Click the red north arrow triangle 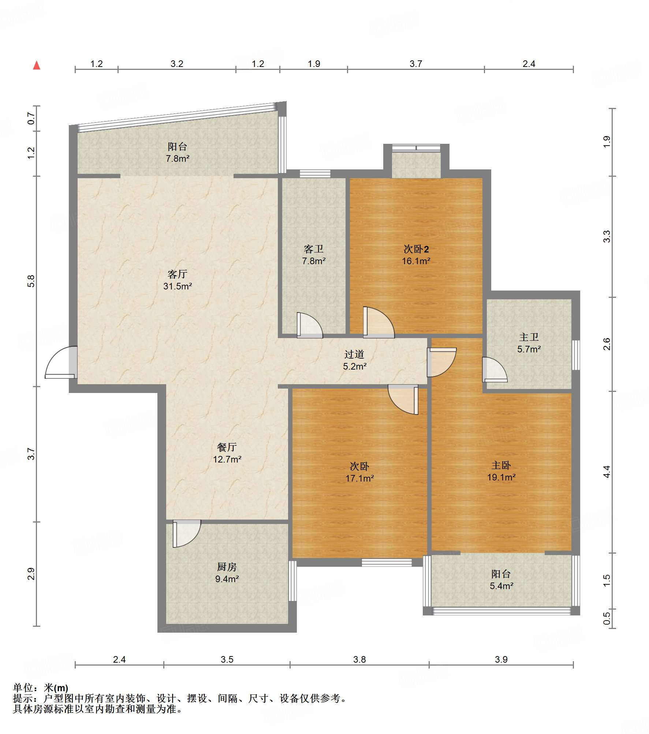coord(37,65)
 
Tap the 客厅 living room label coord(178,274)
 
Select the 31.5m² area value coord(178,286)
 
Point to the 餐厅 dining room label coord(227,447)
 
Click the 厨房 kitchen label coord(227,567)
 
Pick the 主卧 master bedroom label coord(501,465)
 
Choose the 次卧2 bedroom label coord(416,249)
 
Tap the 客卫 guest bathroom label coord(314,249)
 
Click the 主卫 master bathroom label coord(529,337)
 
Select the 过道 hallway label coord(354,354)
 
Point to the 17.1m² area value coord(360,478)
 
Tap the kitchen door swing coord(187,533)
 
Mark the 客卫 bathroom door coord(310,325)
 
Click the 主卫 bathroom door coord(495,370)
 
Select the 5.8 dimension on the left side coord(31,281)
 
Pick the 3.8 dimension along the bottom coord(359,659)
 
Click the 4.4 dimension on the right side coord(607,471)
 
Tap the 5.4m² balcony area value coord(501,586)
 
